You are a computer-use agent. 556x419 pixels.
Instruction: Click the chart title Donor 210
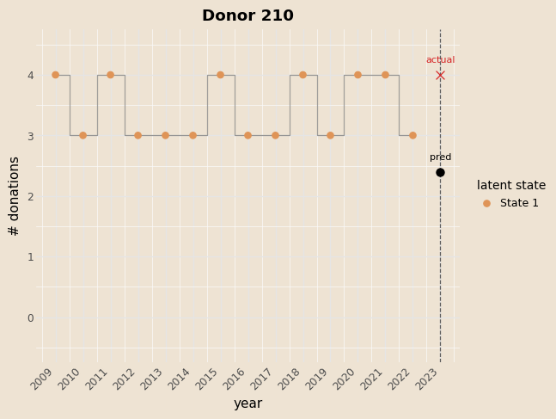tap(247, 15)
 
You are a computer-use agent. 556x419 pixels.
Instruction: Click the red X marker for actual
tap(440, 75)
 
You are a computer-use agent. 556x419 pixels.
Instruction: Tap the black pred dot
tap(440, 172)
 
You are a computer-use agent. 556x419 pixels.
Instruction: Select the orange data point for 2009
tap(55, 75)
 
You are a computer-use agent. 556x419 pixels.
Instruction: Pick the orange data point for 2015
tap(220, 75)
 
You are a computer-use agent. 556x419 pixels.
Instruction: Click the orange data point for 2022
tap(412, 135)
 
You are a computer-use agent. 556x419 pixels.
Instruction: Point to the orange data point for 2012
tap(137, 135)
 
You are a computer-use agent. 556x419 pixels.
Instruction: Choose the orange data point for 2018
tap(302, 75)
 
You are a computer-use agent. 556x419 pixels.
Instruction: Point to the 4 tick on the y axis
tap(30, 76)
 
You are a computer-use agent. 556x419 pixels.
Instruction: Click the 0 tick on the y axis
tap(30, 317)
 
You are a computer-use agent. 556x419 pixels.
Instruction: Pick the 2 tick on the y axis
tap(30, 196)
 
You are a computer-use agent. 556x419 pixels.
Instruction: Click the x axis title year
tap(247, 404)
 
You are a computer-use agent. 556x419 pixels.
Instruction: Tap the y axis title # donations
tap(14, 196)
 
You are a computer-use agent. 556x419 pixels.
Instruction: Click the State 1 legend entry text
tap(519, 203)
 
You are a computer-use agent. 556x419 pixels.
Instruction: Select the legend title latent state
tap(511, 185)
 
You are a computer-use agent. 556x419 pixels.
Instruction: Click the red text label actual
tap(440, 60)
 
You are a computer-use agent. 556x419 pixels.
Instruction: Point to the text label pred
tap(440, 157)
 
